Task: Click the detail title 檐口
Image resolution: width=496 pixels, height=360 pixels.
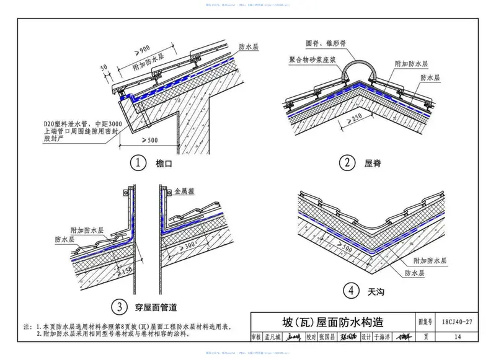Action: [x=162, y=164]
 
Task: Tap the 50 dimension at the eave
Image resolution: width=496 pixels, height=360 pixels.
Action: [x=104, y=66]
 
